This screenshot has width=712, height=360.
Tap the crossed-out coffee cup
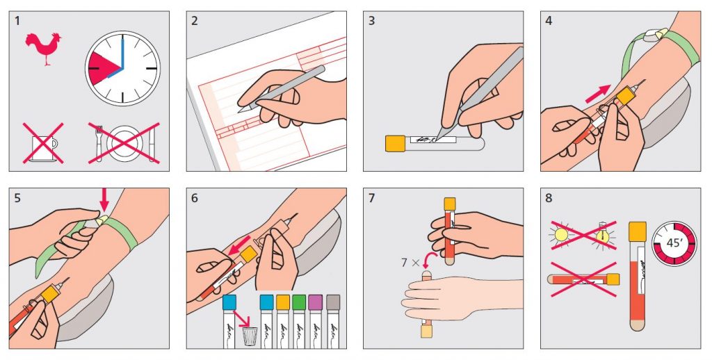coord(44,143)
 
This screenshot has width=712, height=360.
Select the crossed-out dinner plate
coord(124,142)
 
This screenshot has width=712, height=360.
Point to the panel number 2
coord(195,22)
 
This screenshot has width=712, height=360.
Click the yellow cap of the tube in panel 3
coord(395,143)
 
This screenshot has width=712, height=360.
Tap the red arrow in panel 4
coord(597,94)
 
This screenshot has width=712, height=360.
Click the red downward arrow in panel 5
coord(104,199)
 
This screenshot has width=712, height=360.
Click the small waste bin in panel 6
coord(250,336)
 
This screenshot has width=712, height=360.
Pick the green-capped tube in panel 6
coord(299,322)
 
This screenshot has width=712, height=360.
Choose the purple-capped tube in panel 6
coord(315,322)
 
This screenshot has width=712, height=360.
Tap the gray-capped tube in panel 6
coord(333,322)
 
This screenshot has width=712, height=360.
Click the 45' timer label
coord(674,243)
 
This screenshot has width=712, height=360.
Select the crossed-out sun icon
coord(561,234)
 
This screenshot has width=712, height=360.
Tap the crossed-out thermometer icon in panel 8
coord(603,234)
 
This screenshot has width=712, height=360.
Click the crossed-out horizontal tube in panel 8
coord(584,279)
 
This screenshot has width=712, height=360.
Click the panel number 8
coord(549,198)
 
